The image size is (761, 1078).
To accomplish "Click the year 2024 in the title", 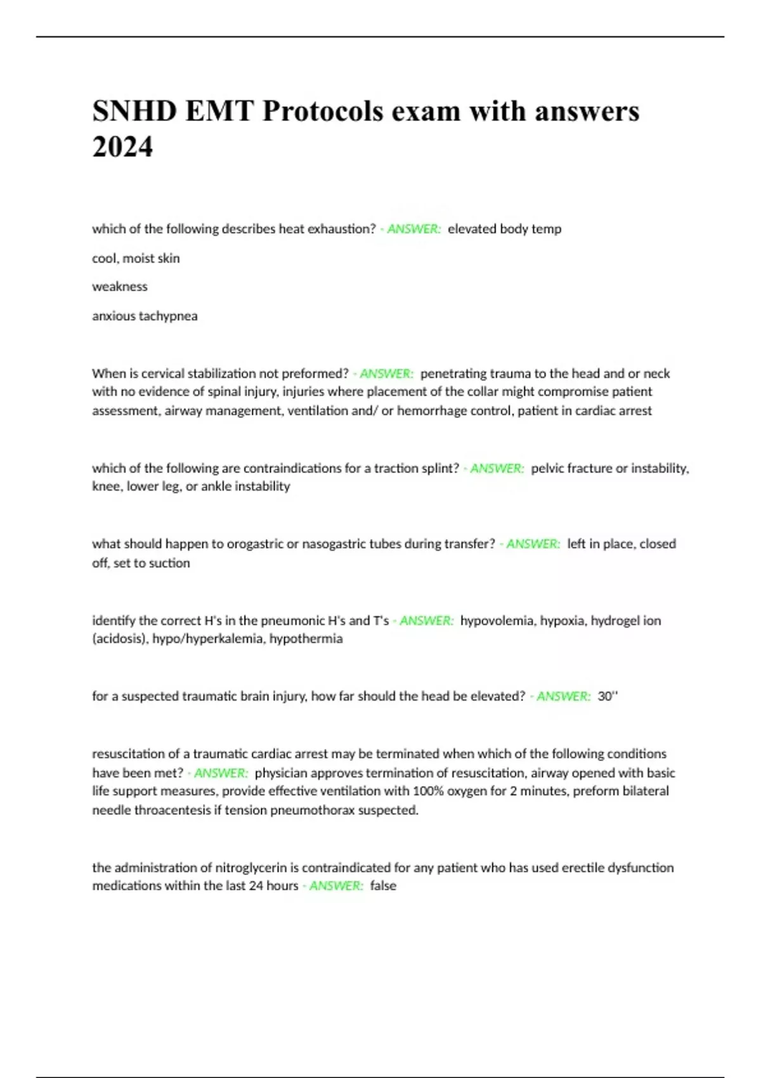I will [122, 147].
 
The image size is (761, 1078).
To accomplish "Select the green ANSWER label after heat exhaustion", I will [413, 229].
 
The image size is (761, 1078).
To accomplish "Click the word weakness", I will [120, 287].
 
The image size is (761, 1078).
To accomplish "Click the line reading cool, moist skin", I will [136, 258].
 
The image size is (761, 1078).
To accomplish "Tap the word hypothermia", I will [306, 639].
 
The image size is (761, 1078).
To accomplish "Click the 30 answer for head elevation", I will [605, 696].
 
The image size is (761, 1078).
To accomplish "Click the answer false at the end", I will [383, 886].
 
